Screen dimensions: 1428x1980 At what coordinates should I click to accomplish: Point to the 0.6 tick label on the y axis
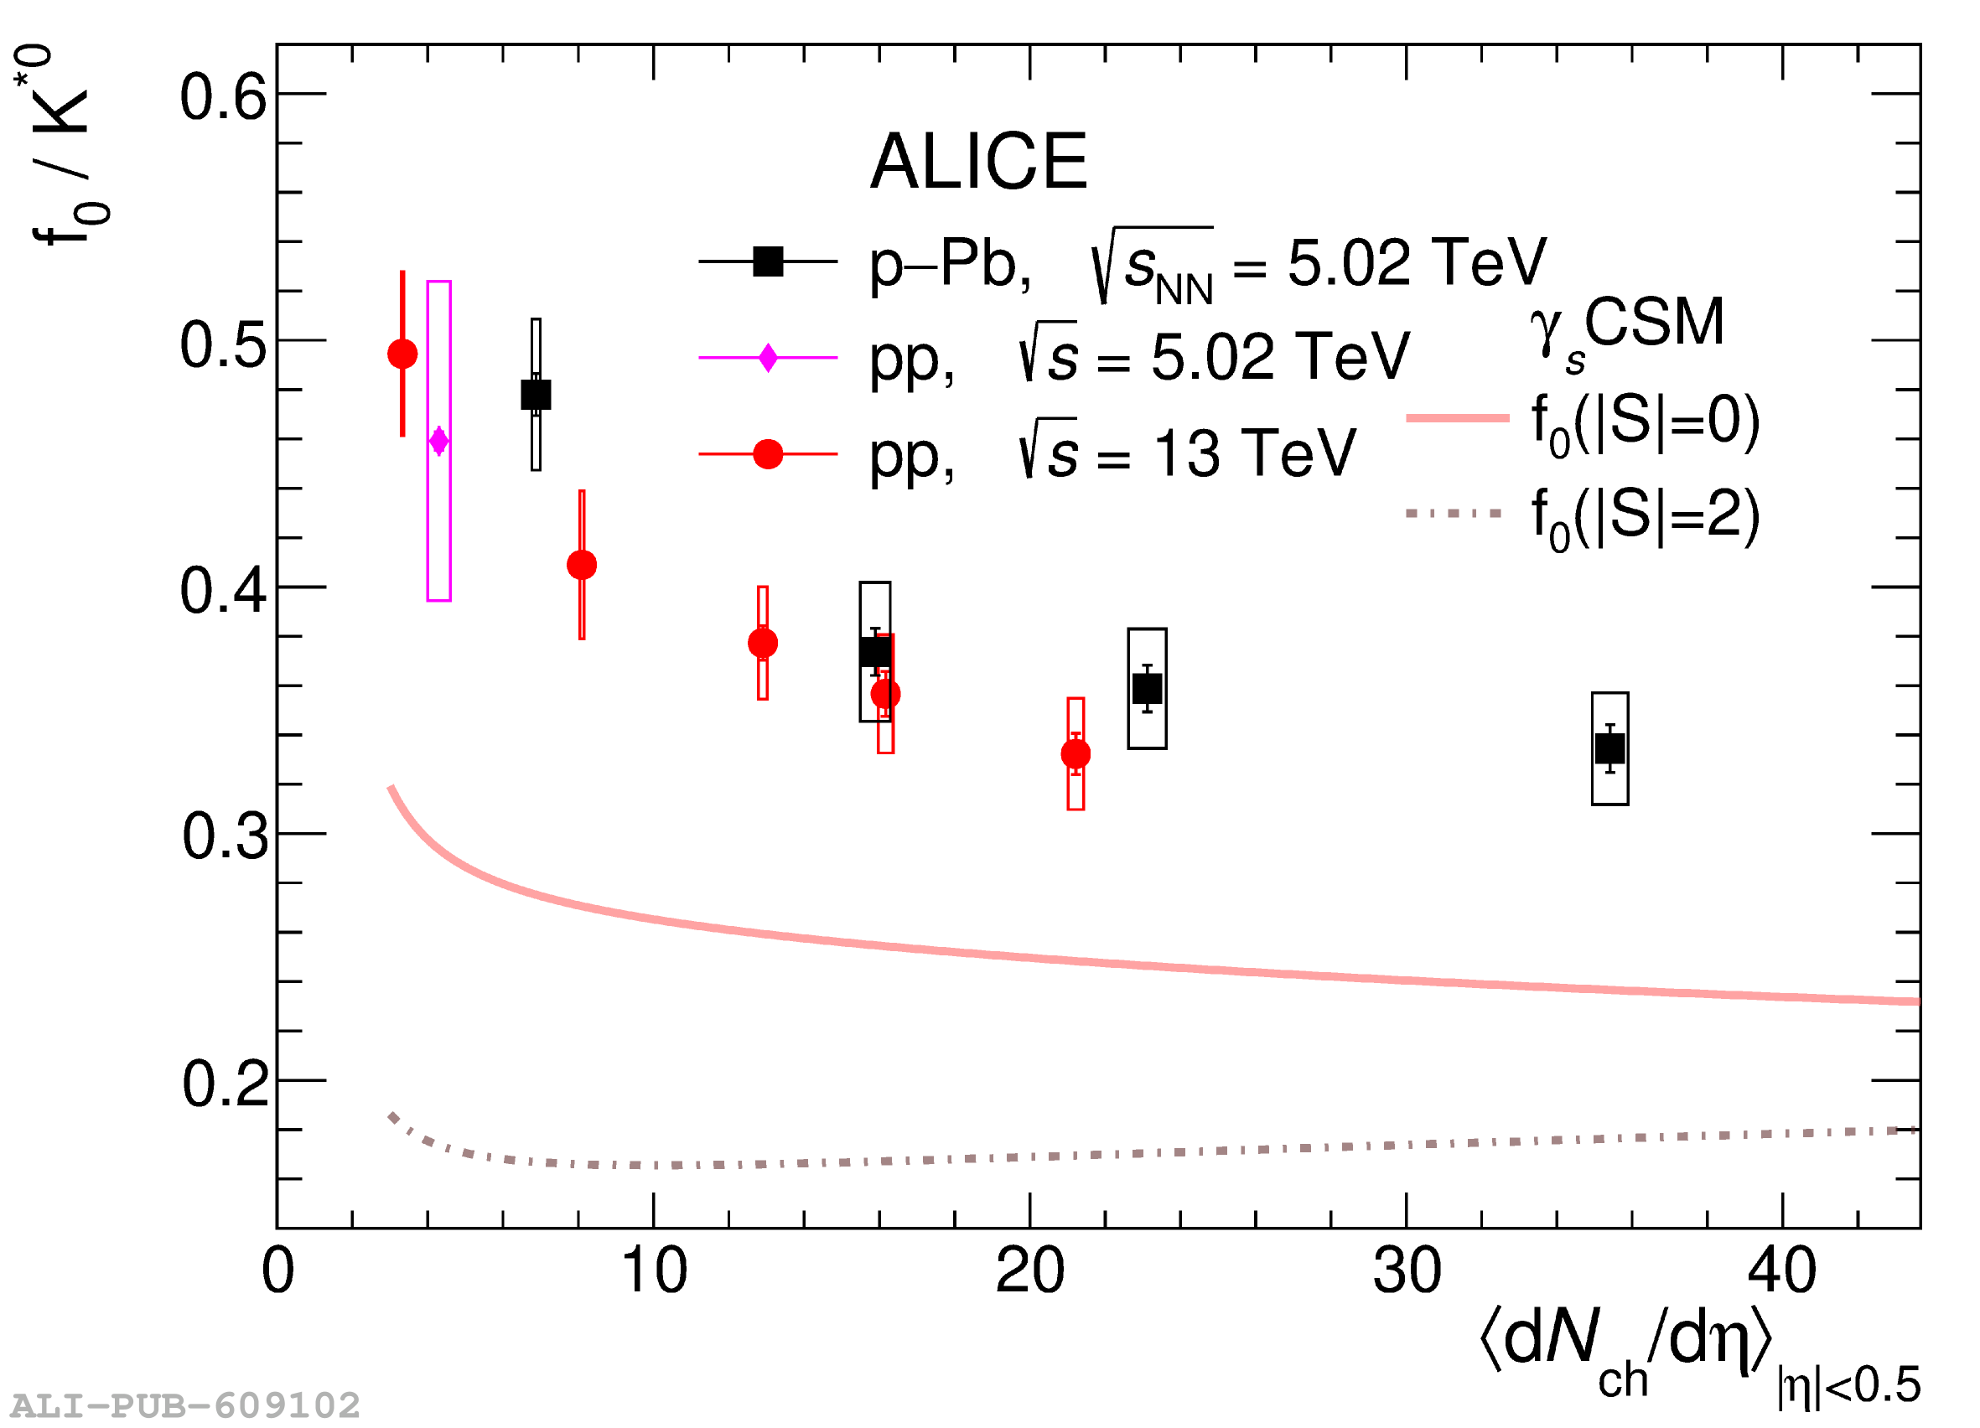224,97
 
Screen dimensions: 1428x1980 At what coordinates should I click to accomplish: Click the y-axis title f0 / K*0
63,148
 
